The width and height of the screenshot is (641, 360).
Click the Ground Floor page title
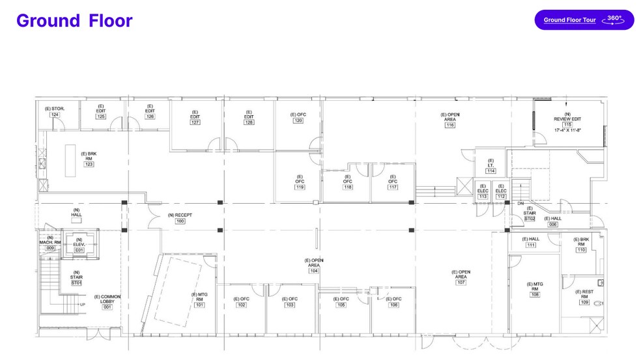tap(74, 21)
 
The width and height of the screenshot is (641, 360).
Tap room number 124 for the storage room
tap(55, 115)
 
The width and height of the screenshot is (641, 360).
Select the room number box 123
tap(89, 164)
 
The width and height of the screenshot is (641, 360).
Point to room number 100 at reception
tap(180, 221)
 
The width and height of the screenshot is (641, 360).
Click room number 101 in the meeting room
tap(199, 305)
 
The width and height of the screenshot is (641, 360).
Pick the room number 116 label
tap(449, 125)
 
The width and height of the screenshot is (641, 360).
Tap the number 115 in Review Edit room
tap(567, 124)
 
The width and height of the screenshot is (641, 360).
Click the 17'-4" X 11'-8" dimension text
tap(567, 130)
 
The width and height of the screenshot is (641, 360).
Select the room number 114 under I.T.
tap(491, 171)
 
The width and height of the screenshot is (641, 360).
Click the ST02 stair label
tap(530, 219)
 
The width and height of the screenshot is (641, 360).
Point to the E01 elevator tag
tap(79, 250)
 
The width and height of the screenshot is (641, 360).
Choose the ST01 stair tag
tap(76, 283)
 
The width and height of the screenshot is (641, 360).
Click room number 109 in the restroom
tap(584, 302)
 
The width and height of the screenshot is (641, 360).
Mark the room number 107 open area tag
tap(461, 283)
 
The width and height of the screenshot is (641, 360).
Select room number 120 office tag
tap(298, 120)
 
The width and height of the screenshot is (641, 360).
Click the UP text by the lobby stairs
tap(82, 304)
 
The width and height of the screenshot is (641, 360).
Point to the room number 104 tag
tap(313, 271)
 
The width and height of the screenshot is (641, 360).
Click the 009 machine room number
tap(50, 248)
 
